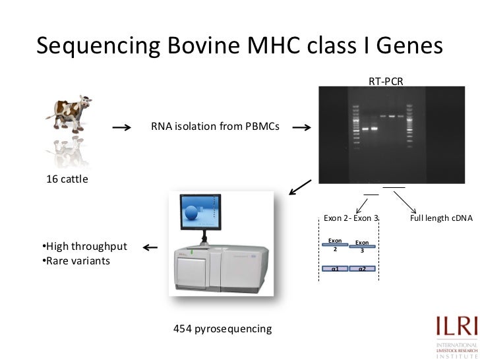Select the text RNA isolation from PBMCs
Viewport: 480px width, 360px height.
click(215, 127)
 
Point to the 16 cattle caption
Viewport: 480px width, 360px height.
click(66, 179)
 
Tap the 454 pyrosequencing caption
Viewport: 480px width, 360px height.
click(222, 328)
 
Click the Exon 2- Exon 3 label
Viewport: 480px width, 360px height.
click(351, 218)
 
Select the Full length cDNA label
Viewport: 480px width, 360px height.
click(441, 218)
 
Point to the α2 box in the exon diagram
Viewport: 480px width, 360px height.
click(363, 268)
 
